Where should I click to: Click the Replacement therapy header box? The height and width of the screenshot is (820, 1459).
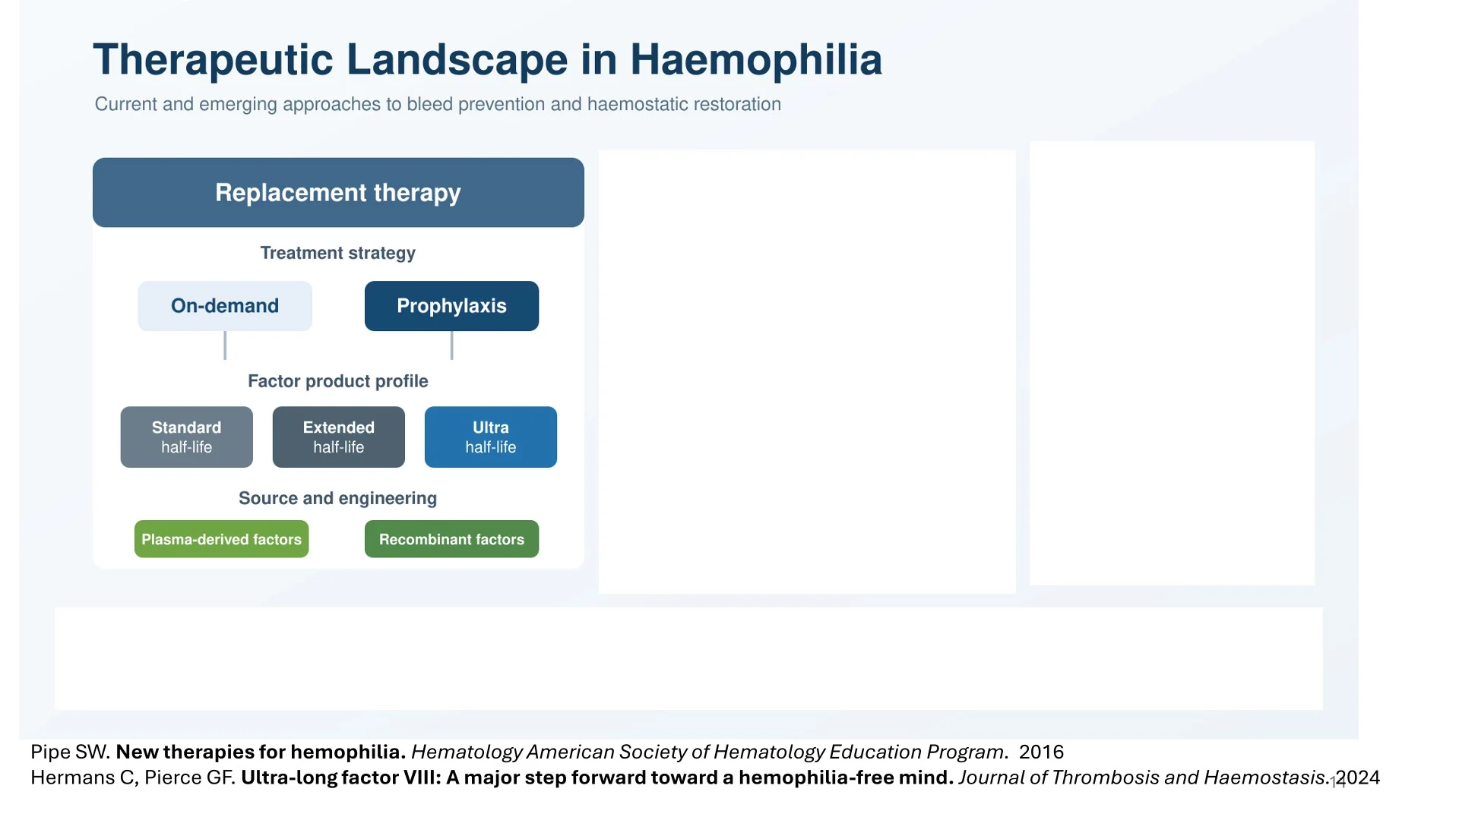tap(338, 192)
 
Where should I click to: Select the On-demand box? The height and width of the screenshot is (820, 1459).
tap(225, 306)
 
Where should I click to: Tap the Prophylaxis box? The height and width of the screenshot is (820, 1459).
tap(451, 306)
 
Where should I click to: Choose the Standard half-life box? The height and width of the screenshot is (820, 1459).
tap(186, 437)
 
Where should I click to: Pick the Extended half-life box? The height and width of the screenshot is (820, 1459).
tap(339, 437)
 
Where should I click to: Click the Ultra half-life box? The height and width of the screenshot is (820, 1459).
tap(491, 437)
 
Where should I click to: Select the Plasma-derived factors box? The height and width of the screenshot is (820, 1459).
tap(221, 539)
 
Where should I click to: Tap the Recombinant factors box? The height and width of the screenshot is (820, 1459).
tap(451, 539)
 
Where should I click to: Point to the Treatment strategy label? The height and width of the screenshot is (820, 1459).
tap(338, 253)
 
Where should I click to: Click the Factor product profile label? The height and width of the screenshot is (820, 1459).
tap(338, 381)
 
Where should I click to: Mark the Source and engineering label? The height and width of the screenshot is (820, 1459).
tap(338, 498)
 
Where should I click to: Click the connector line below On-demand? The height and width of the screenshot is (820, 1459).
tap(225, 345)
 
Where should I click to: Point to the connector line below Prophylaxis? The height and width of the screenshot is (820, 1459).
tap(451, 345)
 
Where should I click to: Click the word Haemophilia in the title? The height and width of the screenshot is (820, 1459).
tap(756, 59)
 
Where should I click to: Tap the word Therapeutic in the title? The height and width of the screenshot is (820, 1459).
tap(213, 60)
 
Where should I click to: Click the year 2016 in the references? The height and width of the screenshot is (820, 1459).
tap(1041, 752)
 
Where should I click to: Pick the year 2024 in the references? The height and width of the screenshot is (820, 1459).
tap(1358, 777)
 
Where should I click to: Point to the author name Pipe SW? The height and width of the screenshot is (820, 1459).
tap(71, 752)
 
